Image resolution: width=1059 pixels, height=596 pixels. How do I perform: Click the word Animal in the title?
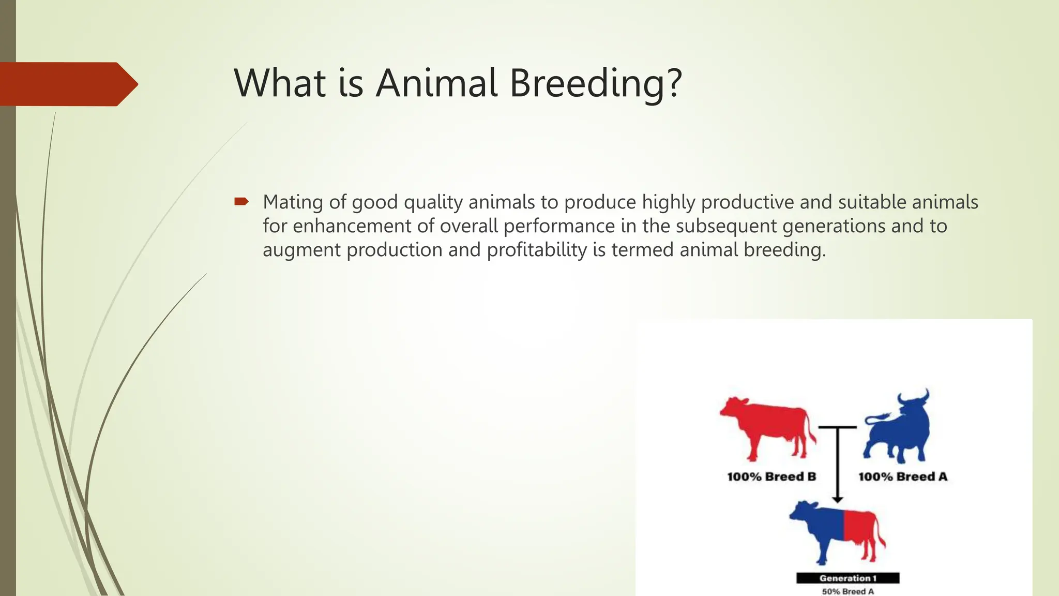tap(436, 83)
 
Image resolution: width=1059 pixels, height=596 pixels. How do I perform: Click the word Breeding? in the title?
tap(596, 83)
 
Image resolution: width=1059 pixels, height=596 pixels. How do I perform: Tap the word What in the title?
tap(280, 83)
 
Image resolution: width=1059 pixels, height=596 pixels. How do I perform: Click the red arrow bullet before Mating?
tap(241, 201)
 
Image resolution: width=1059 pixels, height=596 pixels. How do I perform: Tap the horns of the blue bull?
tap(913, 397)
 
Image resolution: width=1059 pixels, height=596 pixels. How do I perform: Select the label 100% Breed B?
tap(771, 476)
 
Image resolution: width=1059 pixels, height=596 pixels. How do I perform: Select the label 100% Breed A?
tap(902, 476)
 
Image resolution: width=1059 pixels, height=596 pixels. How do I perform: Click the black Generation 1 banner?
tap(848, 578)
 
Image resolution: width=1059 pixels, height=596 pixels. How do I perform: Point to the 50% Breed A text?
tap(848, 591)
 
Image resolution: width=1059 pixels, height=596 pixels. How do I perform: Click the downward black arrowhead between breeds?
tap(838, 499)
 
